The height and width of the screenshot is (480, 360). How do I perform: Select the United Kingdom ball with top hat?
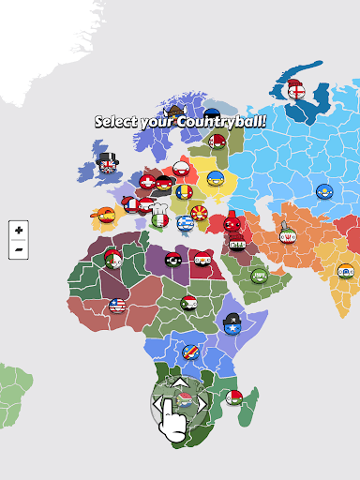point(107,167)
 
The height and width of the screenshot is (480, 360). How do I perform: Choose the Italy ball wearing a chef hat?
point(159,220)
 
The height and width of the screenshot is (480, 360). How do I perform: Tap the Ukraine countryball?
point(215,178)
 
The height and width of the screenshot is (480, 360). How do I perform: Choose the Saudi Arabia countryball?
point(259,276)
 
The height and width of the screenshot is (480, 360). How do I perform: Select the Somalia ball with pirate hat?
point(232,324)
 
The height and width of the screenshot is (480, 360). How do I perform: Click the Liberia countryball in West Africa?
point(117,306)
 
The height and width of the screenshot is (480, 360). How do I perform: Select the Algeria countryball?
point(115,259)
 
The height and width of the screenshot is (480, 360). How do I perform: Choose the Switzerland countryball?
point(147,181)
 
